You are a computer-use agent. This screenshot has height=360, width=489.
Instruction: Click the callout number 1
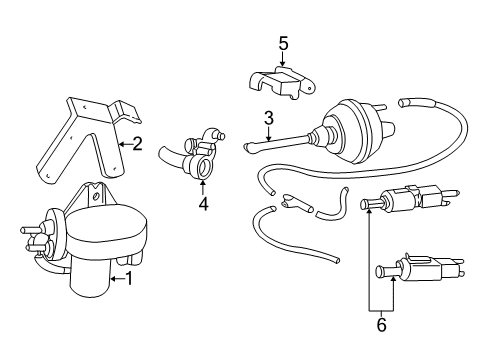click(129, 279)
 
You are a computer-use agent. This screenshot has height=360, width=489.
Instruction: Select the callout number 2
click(137, 144)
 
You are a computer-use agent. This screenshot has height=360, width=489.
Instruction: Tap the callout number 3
click(269, 118)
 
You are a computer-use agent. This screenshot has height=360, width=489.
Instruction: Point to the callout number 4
click(203, 203)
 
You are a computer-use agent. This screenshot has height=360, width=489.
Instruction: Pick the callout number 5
click(283, 43)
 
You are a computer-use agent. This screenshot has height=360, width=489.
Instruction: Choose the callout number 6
click(381, 324)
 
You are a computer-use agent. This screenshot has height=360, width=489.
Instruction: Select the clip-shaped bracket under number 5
click(282, 83)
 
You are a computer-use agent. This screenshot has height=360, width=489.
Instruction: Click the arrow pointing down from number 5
click(283, 59)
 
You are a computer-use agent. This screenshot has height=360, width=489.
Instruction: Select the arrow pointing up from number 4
click(203, 187)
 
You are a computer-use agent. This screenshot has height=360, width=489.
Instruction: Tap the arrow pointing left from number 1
click(117, 279)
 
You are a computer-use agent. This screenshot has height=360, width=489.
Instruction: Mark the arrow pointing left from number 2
click(126, 144)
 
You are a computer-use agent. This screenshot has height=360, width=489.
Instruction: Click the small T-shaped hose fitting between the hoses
click(297, 203)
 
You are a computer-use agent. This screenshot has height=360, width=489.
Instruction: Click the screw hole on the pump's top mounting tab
click(96, 196)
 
